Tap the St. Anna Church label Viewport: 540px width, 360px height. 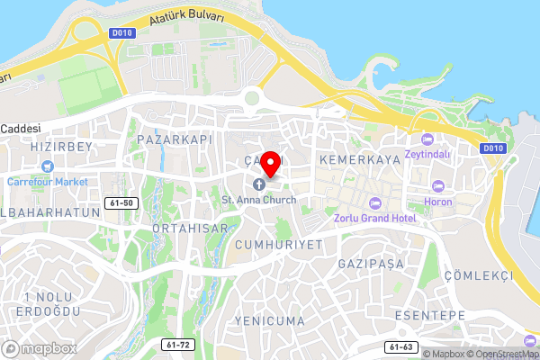click(259, 199)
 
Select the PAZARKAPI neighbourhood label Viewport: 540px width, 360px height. click(175, 140)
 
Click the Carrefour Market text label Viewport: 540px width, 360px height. click(47, 181)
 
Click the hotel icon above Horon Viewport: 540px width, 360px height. click(438, 185)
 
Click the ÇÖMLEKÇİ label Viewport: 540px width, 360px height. click(484, 275)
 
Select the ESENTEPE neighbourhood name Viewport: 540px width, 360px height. click(429, 315)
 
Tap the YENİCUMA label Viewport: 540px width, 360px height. click(268, 320)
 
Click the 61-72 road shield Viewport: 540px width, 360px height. click(179, 345)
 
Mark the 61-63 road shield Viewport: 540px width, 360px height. click(400, 346)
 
